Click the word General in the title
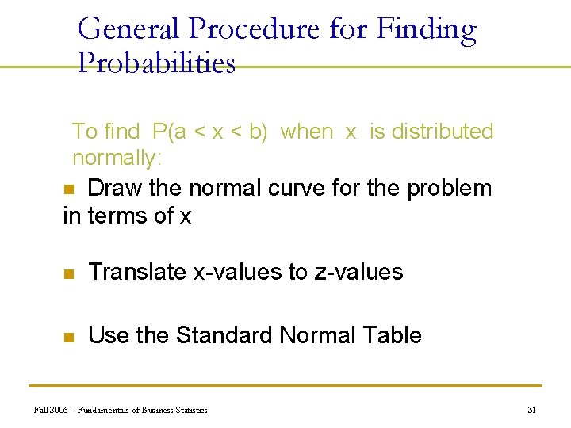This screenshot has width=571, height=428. tap(130, 29)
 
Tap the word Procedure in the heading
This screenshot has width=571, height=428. tap(254, 29)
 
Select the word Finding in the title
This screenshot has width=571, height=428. tap(426, 29)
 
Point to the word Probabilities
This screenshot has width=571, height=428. tap(156, 63)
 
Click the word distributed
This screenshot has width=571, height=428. tap(443, 132)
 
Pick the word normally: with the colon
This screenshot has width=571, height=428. tap(117, 158)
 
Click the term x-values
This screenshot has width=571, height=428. tap(238, 272)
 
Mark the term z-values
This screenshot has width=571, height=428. tap(358, 272)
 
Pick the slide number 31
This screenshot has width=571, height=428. tap(531, 410)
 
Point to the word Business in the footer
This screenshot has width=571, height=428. tap(158, 410)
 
